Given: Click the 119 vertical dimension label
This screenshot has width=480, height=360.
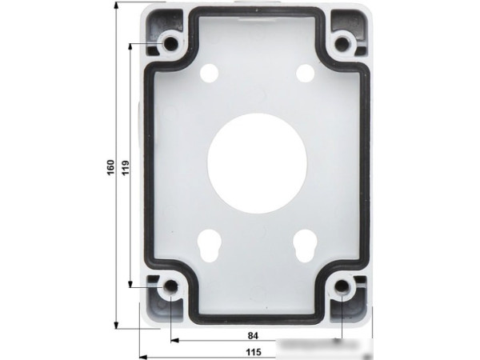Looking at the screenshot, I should pyautogui.click(x=124, y=167).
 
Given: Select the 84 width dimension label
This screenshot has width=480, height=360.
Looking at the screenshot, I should pyautogui.click(x=252, y=335).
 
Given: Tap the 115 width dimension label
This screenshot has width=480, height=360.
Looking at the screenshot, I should pyautogui.click(x=253, y=350).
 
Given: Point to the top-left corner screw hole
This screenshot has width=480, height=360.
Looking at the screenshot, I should pyautogui.click(x=170, y=42).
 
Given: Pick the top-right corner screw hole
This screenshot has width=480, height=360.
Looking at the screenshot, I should pyautogui.click(x=343, y=42).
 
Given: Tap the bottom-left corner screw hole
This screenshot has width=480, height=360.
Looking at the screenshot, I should pyautogui.click(x=170, y=287).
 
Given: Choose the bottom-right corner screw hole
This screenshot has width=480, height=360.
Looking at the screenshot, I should pyautogui.click(x=342, y=287).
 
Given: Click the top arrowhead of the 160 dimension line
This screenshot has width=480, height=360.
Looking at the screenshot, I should pyautogui.click(x=117, y=6).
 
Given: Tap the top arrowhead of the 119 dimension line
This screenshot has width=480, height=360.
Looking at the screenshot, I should pyautogui.click(x=130, y=46).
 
